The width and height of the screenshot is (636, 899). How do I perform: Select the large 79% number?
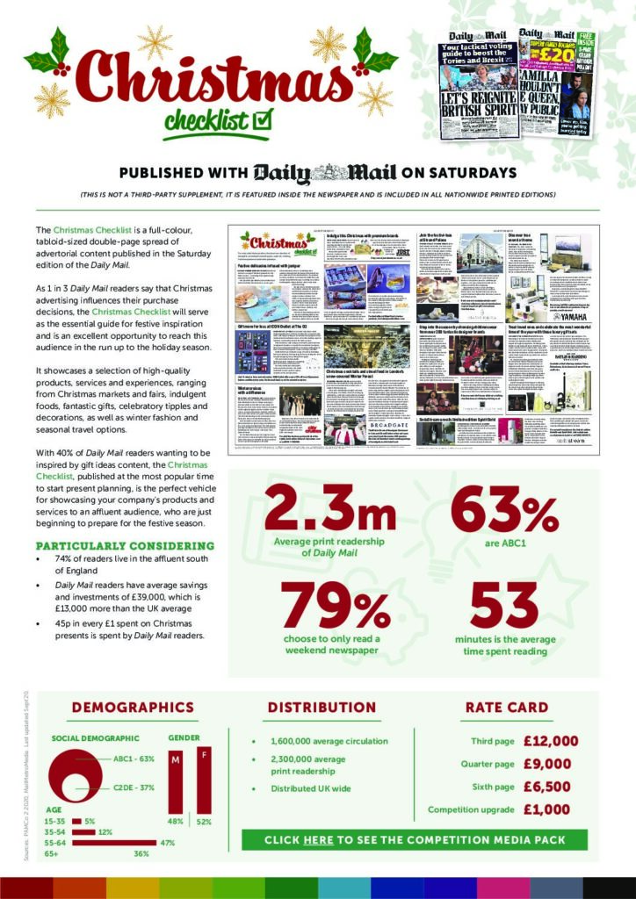pyautogui.click(x=336, y=602)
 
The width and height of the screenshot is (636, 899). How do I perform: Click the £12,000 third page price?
pyautogui.click(x=551, y=741)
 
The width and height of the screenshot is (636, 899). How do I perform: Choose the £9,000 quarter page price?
pyautogui.click(x=551, y=764)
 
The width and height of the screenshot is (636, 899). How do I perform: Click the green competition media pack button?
pyautogui.click(x=415, y=840)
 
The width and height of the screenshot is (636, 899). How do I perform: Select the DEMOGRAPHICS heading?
pyautogui.click(x=133, y=707)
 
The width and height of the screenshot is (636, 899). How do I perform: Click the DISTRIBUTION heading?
pyautogui.click(x=322, y=707)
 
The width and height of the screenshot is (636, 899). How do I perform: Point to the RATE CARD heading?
pyautogui.click(x=506, y=707)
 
